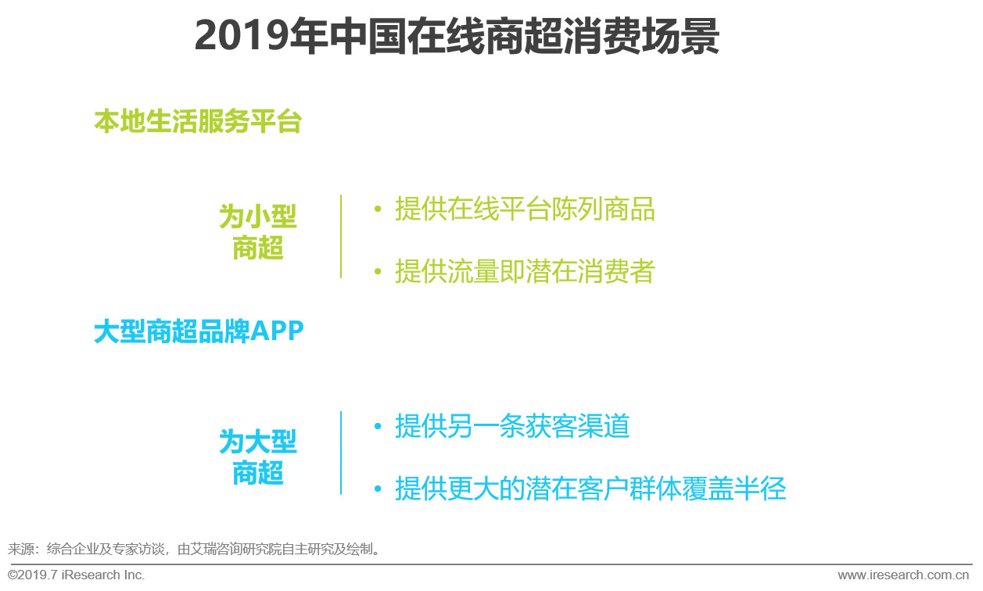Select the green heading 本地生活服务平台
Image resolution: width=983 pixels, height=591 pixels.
pyautogui.click(x=197, y=122)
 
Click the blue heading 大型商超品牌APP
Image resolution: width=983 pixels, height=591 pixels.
pyautogui.click(x=199, y=331)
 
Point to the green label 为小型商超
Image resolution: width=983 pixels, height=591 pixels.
pyautogui.click(x=258, y=232)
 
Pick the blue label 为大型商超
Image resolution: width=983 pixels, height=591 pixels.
pyautogui.click(x=258, y=457)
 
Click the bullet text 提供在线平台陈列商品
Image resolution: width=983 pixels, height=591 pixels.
pyautogui.click(x=525, y=210)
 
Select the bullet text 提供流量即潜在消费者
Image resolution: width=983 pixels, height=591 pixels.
pyautogui.click(x=525, y=271)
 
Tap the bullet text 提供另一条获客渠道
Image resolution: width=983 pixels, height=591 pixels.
pyautogui.click(x=512, y=427)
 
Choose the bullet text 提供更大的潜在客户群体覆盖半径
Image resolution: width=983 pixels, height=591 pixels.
pyautogui.click(x=590, y=489)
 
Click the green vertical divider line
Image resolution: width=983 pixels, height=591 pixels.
pyautogui.click(x=341, y=236)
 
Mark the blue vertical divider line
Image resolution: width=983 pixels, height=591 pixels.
pyautogui.click(x=341, y=453)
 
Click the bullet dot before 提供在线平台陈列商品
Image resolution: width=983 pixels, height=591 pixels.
pyautogui.click(x=378, y=210)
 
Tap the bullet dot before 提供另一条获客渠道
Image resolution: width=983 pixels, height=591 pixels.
pyautogui.click(x=378, y=427)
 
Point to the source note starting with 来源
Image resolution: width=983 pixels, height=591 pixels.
pyautogui.click(x=195, y=549)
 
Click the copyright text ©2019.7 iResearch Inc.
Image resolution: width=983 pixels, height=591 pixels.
pyautogui.click(x=76, y=575)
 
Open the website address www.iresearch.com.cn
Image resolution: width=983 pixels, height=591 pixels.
pyautogui.click(x=903, y=575)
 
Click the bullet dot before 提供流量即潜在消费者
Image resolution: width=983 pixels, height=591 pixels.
pyautogui.click(x=378, y=271)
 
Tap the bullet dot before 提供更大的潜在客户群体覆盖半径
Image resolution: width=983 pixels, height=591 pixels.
pyautogui.click(x=378, y=489)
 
